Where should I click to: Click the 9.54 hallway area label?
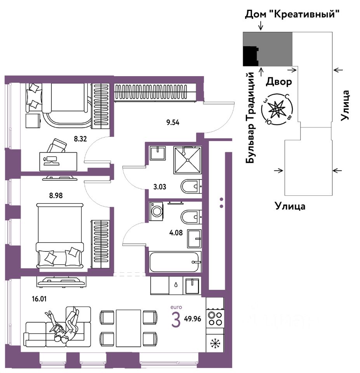point(173,123)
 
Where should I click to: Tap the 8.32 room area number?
point(80,139)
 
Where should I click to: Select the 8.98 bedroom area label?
point(56,195)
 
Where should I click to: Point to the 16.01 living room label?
point(39,299)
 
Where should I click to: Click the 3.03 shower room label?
point(160,187)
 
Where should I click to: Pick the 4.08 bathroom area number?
point(176,233)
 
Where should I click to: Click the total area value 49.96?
point(193,319)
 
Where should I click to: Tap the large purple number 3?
point(176,320)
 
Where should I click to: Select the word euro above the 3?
point(176,307)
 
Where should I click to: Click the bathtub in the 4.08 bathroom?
point(174,262)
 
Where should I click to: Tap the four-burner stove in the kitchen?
point(215,319)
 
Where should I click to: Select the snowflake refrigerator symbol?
point(215,343)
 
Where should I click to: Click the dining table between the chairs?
point(129,328)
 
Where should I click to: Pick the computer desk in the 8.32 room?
point(58,162)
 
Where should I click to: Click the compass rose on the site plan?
point(277,109)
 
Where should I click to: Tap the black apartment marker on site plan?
point(250,56)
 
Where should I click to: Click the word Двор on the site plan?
point(279,82)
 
